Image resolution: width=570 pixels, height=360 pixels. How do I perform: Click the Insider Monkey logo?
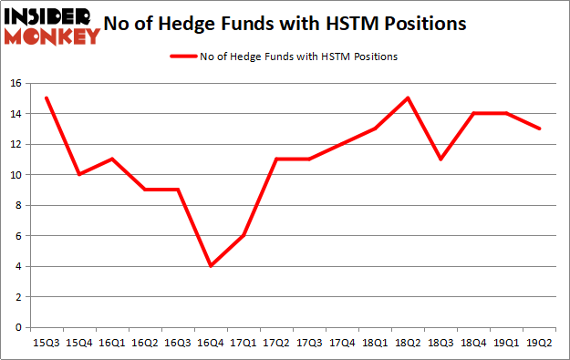coord(51,25)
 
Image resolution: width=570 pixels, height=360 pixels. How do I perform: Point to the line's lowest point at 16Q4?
coord(210,266)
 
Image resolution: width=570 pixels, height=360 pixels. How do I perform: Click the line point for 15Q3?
coord(46,98)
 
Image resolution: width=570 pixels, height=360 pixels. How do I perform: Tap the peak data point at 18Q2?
coord(408,98)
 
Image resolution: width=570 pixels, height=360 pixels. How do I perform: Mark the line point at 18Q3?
coord(440,159)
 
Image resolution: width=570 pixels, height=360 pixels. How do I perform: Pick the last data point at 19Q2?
coord(539,129)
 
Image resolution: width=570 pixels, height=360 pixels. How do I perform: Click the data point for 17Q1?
coord(243,235)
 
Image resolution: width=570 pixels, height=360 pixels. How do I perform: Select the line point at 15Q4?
coord(78,174)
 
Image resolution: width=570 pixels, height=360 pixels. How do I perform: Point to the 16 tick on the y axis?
coord(16,83)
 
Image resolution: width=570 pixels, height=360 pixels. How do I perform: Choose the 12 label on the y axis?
coord(16,144)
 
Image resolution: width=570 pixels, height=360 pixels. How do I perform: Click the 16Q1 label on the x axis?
coord(111,343)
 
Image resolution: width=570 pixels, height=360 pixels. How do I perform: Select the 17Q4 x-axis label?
coord(342,343)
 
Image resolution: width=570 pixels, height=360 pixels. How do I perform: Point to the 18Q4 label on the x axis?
coord(473,343)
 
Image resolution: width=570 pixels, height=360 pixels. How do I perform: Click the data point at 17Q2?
coord(275,159)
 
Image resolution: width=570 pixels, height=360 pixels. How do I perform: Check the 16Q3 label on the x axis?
coord(177,343)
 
